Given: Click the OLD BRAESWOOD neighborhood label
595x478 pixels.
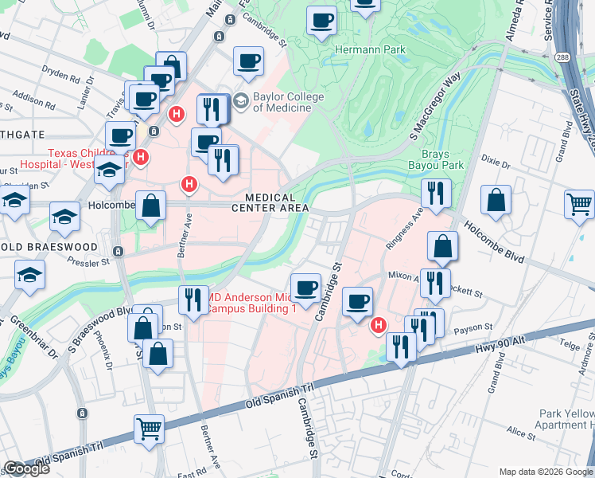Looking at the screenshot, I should (x=49, y=247).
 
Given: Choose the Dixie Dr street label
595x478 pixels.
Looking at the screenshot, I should (x=495, y=162).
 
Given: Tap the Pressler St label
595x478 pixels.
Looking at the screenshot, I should (x=87, y=261).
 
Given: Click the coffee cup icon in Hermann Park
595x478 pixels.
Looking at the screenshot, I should (x=322, y=20).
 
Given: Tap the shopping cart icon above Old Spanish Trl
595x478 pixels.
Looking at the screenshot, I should (x=149, y=429).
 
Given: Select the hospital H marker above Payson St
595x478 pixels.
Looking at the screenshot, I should (x=379, y=325).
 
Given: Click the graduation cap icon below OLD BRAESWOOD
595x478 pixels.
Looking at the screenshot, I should (x=30, y=275).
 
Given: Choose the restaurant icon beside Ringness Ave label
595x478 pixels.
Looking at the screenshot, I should (x=436, y=193).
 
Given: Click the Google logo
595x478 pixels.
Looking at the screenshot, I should (x=25, y=468).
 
